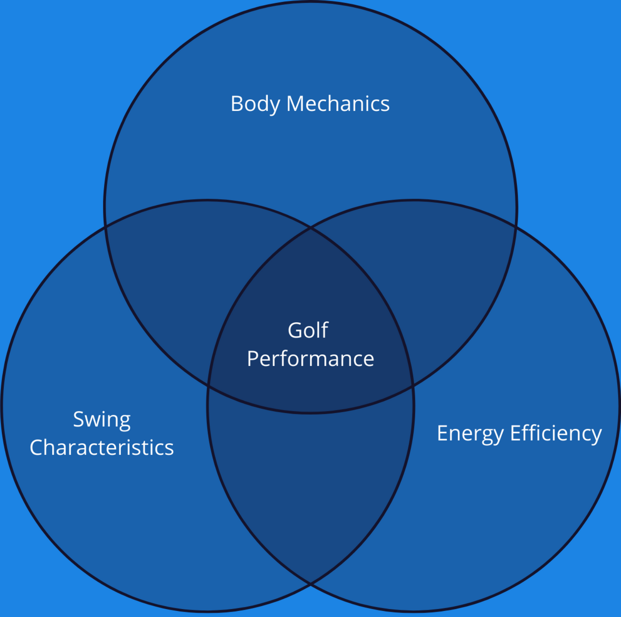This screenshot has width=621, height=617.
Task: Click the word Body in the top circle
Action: coord(255,104)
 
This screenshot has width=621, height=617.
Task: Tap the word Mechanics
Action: coord(337,104)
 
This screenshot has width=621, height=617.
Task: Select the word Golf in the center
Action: coord(308,330)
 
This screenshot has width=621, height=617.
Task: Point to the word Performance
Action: coord(310,359)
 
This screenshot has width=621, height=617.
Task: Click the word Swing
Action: coord(102,419)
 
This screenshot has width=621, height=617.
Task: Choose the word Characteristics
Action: coord(102,448)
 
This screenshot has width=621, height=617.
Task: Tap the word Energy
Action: coord(470,434)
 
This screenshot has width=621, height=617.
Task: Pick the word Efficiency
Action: coord(556,433)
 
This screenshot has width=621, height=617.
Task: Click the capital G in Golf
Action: coord(295,330)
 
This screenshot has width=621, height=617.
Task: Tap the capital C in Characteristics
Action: coord(37,448)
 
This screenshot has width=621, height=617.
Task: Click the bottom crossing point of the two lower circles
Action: coord(310,583)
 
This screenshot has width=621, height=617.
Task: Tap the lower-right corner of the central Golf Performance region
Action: coord(413,387)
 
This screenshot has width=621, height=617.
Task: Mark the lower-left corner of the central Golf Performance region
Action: coord(208,386)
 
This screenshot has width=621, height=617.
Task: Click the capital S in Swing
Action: coord(78,419)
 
